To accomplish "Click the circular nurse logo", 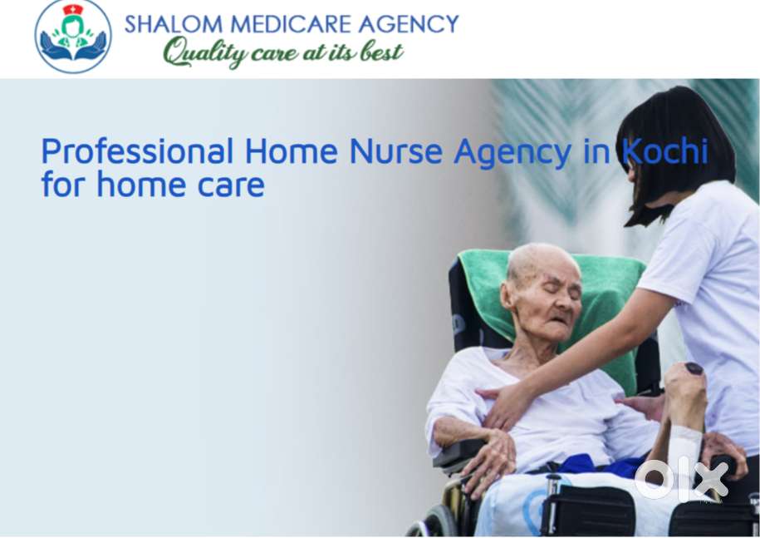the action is [x=73, y=37].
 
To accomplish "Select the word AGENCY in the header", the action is [x=409, y=24].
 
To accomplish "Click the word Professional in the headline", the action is [x=137, y=151].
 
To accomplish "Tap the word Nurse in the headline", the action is [x=395, y=151].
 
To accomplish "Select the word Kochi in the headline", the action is [x=665, y=151].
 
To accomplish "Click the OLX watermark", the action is [x=681, y=479].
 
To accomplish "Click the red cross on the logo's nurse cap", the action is [x=73, y=9].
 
